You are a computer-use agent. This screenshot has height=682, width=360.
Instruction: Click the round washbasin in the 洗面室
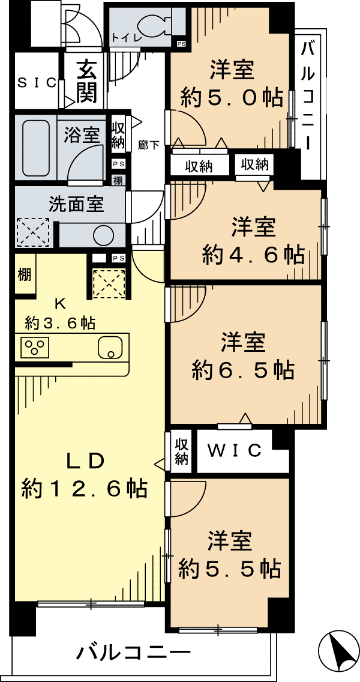(103, 235)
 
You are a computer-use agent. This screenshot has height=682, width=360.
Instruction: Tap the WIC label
(235, 451)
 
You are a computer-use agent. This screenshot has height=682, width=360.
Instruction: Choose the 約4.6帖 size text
(252, 255)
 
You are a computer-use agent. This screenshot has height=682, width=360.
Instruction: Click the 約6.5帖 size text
(243, 370)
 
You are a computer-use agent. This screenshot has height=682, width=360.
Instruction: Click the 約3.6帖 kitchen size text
(61, 323)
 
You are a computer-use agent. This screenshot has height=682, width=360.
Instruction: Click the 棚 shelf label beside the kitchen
(25, 275)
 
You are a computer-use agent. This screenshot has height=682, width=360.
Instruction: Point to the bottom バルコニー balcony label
(134, 653)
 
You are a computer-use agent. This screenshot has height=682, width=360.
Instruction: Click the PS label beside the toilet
(181, 43)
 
